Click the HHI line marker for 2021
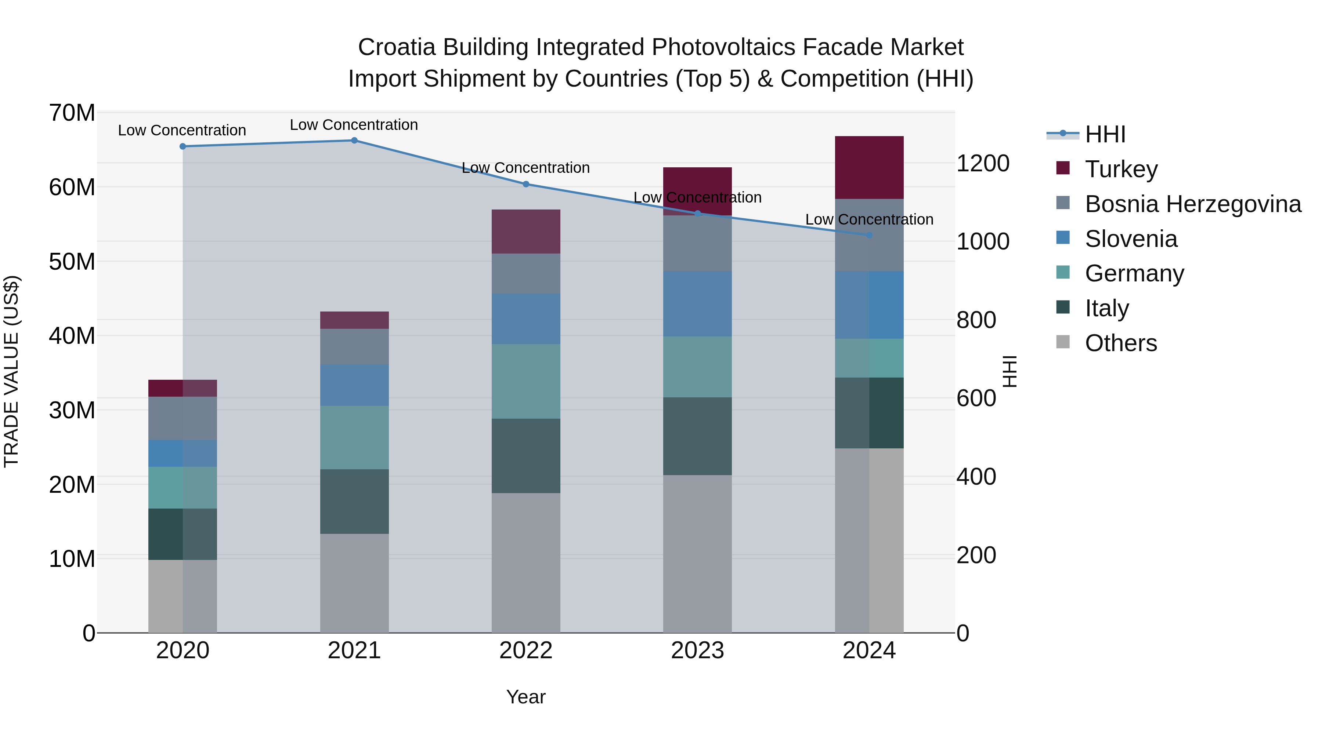[354, 141]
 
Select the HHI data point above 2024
[869, 235]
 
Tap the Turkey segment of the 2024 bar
[869, 168]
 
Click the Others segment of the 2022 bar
[525, 562]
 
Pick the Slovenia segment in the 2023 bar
[697, 304]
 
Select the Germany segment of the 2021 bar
[354, 437]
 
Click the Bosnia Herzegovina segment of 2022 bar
[525, 273]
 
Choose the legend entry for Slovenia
[1131, 239]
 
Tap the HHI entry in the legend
[1105, 134]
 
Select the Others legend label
[1121, 343]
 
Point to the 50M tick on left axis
[72, 262]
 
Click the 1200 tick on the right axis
[983, 164]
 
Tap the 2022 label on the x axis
[525, 651]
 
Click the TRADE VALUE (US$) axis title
[11, 371]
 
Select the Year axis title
[525, 697]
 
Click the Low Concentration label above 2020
[182, 130]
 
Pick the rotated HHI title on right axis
[1009, 371]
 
